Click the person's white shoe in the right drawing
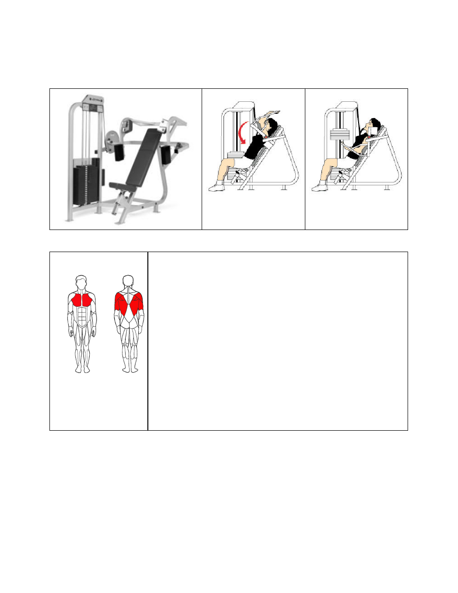click(x=319, y=187)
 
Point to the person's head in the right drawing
click(x=374, y=127)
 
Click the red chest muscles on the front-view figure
click(x=82, y=301)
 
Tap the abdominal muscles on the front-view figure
click(x=82, y=317)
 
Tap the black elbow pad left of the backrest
click(x=118, y=152)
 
